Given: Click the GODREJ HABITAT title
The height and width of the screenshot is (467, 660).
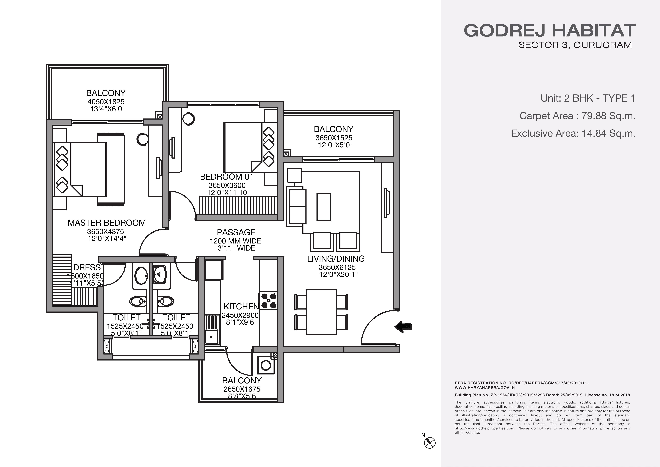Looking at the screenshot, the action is coord(550,30).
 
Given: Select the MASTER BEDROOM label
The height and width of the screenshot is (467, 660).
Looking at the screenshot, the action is coord(107,223).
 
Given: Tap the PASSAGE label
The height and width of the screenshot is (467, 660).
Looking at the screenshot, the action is coord(236,232).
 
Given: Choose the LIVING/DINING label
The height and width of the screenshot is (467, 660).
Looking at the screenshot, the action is coord(336,259).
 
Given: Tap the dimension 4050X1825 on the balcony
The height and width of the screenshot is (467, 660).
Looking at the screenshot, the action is coord(106,102).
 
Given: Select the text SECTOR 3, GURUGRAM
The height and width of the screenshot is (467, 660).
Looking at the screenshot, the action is coord(575,45).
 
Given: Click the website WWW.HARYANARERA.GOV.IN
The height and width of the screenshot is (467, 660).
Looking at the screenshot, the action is coord(485,388).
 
